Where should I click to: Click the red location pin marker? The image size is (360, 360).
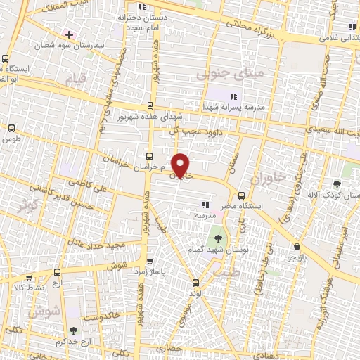pos(181,165)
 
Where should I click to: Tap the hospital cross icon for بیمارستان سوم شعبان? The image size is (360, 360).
pos(68,34)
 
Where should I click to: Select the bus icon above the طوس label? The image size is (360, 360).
pos(11,128)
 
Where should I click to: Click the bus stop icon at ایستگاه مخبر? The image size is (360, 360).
pos(241,195)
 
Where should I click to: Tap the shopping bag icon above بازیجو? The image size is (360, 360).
pos(298,247)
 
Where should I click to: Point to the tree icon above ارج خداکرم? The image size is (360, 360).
pos(73,330)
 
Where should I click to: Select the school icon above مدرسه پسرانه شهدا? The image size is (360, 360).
pos(233,96)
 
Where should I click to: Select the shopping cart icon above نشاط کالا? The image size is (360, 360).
pos(56,273)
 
